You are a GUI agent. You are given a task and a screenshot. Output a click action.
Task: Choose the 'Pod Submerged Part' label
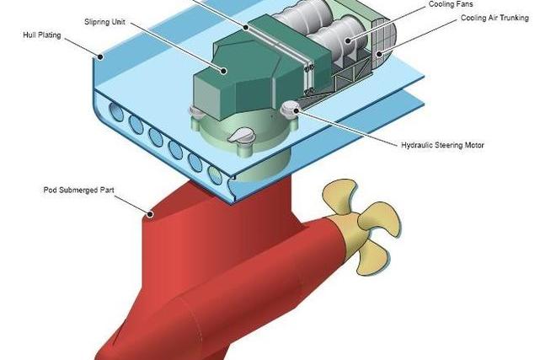77,190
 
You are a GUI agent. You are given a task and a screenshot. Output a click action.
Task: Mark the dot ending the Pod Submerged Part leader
150,213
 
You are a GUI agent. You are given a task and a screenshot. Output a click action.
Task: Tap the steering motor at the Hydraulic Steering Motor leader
291,106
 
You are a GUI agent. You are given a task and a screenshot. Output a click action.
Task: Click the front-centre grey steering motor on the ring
243,135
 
